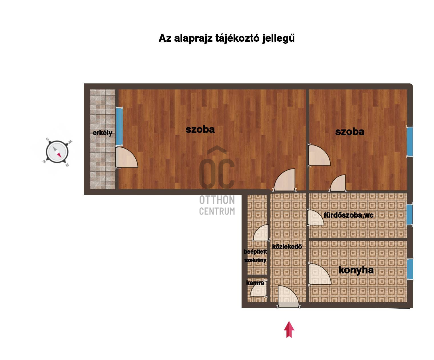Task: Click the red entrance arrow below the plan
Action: [289, 329]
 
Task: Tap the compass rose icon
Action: [57, 152]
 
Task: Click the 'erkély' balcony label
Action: [103, 133]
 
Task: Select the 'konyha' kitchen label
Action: [356, 270]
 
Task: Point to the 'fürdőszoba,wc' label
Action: [349, 215]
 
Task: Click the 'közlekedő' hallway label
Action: [287, 247]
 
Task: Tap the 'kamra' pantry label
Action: [255, 283]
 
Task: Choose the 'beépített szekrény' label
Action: [256, 256]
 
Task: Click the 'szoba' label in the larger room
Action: [200, 129]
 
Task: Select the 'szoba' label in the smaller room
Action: [349, 132]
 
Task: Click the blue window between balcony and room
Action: [119, 127]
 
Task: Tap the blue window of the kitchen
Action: [410, 269]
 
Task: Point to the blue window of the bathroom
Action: [410, 214]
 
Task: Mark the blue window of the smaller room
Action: [410, 141]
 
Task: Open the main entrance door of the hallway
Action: [288, 297]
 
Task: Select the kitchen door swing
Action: [320, 274]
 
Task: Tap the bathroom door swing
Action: [316, 217]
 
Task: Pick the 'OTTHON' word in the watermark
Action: [217, 200]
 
